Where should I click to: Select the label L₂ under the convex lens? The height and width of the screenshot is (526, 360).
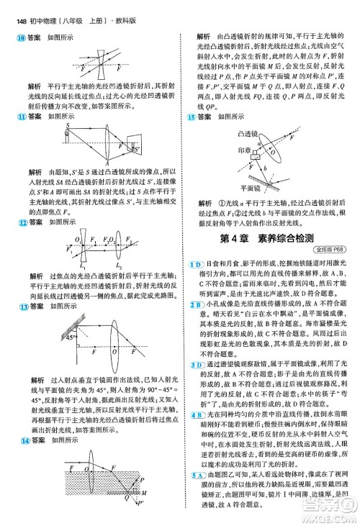pyautogui.click(x=119, y=265)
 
